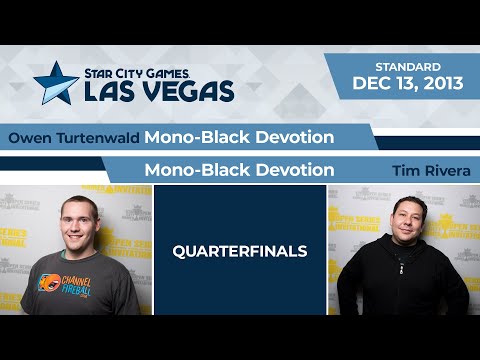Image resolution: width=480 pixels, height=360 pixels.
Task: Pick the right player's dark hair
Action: click(407, 200)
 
